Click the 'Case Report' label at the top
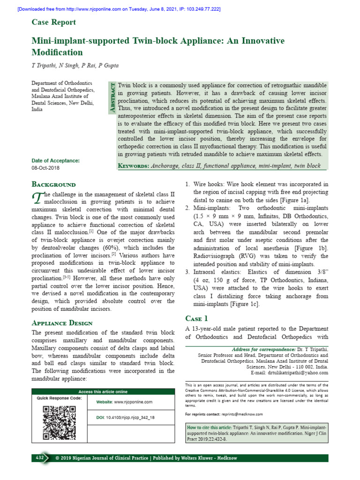coord(53,22)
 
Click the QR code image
coord(59,422)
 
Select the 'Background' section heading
coord(53,185)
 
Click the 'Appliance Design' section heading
coord(62,323)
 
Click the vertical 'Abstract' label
coord(112,97)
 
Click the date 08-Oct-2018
coord(45,168)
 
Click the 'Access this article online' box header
coord(103,391)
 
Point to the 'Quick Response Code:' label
coord(59,398)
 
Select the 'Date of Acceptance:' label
coord(55,160)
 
